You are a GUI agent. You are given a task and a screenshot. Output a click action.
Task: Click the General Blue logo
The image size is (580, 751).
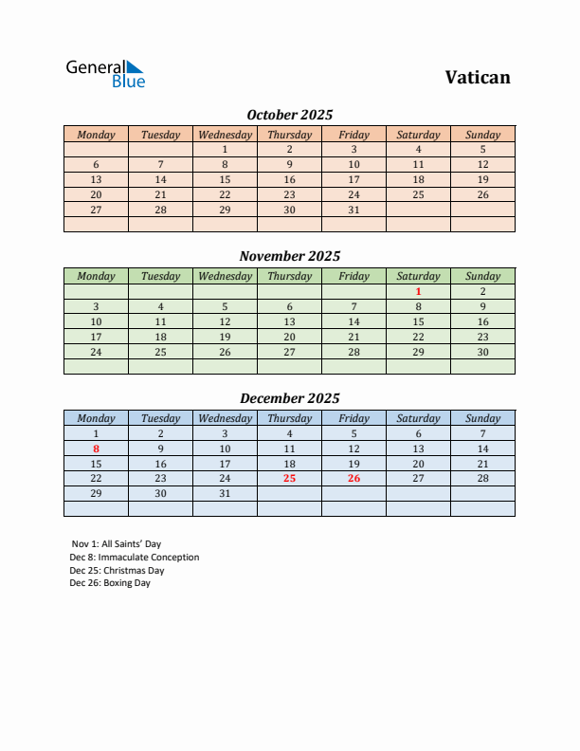click(105, 74)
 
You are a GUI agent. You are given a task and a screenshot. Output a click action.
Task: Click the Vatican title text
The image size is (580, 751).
click(478, 78)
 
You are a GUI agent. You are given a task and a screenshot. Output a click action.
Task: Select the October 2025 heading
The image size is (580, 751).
click(290, 115)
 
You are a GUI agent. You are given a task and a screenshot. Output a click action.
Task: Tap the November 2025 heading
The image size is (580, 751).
click(290, 256)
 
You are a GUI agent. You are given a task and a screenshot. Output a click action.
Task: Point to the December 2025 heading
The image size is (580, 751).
click(290, 398)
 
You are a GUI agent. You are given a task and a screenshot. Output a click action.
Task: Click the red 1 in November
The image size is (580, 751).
click(418, 291)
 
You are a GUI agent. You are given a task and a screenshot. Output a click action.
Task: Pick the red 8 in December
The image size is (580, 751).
click(96, 449)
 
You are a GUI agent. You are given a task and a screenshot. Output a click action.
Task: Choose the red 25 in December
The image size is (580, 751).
click(289, 479)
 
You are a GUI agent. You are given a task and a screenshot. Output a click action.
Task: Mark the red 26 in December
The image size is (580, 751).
click(353, 479)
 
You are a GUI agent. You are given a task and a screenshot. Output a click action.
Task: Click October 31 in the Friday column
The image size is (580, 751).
click(353, 210)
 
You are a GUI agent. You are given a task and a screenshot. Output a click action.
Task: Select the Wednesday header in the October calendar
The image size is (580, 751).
click(225, 135)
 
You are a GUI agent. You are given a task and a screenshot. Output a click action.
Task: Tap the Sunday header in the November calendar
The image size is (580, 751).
click(482, 276)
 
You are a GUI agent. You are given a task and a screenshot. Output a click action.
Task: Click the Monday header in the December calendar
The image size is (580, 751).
click(96, 418)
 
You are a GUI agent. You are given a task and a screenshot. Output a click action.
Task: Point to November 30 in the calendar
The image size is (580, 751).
click(482, 352)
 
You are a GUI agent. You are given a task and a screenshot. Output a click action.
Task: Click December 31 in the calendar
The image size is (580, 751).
click(225, 494)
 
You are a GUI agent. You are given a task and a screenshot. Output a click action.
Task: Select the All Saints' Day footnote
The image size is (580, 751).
click(116, 544)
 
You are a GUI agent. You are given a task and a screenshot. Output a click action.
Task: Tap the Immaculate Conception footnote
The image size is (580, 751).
click(134, 558)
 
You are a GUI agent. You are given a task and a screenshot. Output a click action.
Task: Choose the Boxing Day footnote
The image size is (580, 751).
click(110, 583)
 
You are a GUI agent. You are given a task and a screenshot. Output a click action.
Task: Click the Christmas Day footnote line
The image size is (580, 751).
click(117, 571)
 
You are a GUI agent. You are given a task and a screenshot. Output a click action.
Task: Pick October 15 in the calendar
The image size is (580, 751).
click(225, 179)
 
